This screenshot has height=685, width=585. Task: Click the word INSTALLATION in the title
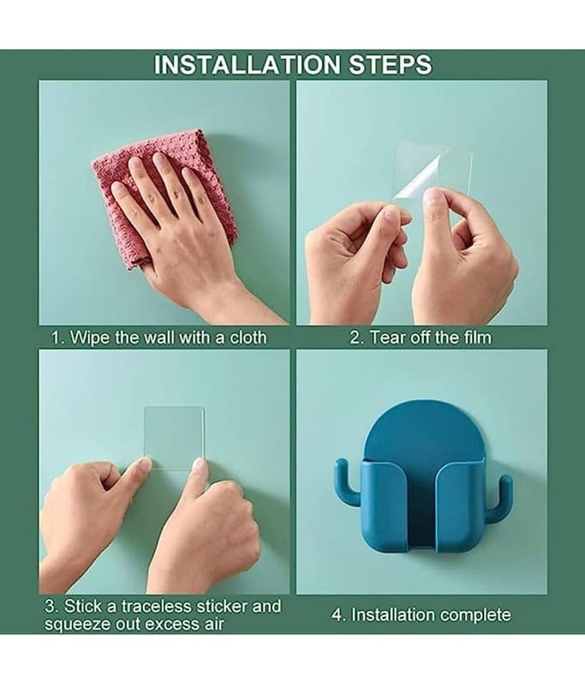coord(247,65)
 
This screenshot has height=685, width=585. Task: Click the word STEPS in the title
coord(390,65)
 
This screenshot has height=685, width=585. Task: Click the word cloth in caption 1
coord(248,337)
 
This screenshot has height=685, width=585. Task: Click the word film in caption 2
coord(478,337)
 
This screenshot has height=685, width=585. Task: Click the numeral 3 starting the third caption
coord(50,606)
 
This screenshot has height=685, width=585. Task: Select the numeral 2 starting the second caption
coord(355,337)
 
